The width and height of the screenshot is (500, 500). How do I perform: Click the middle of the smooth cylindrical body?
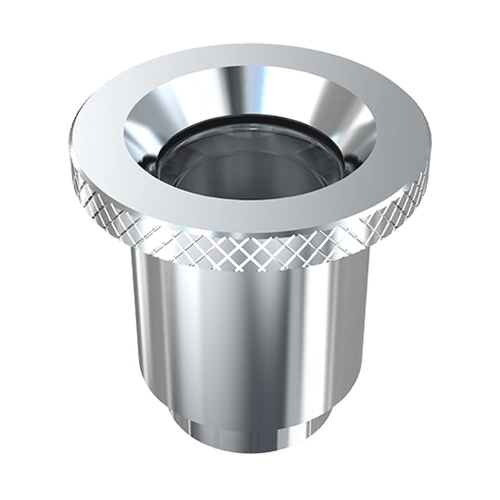click(250, 333)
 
